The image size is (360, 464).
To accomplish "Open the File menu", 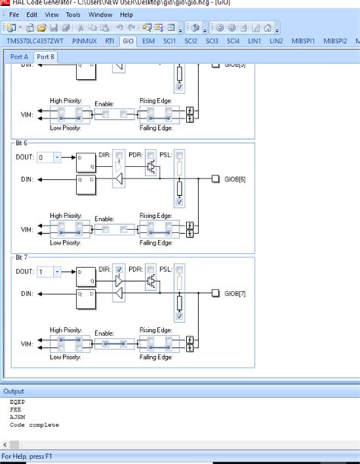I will click(14, 14).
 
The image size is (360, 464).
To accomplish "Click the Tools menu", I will click(73, 14).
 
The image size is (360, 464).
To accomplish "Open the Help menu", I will click(126, 14).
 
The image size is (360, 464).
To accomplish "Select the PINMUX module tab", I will click(84, 40).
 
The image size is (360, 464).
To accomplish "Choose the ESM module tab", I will click(148, 40).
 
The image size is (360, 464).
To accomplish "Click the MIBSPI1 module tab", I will click(303, 40).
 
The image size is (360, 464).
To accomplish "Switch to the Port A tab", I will click(19, 57).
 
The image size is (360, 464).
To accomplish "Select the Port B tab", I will click(46, 57).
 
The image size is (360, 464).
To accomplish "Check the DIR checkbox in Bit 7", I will click(119, 269).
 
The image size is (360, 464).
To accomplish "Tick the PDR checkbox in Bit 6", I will click(149, 155).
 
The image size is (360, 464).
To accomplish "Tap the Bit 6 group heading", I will click(21, 143).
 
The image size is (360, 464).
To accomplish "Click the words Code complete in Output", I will click(34, 425).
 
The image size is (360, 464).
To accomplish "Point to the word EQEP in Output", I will click(17, 402).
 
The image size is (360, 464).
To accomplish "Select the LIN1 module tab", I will click(254, 40).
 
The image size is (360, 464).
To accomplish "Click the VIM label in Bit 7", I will click(27, 343).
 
